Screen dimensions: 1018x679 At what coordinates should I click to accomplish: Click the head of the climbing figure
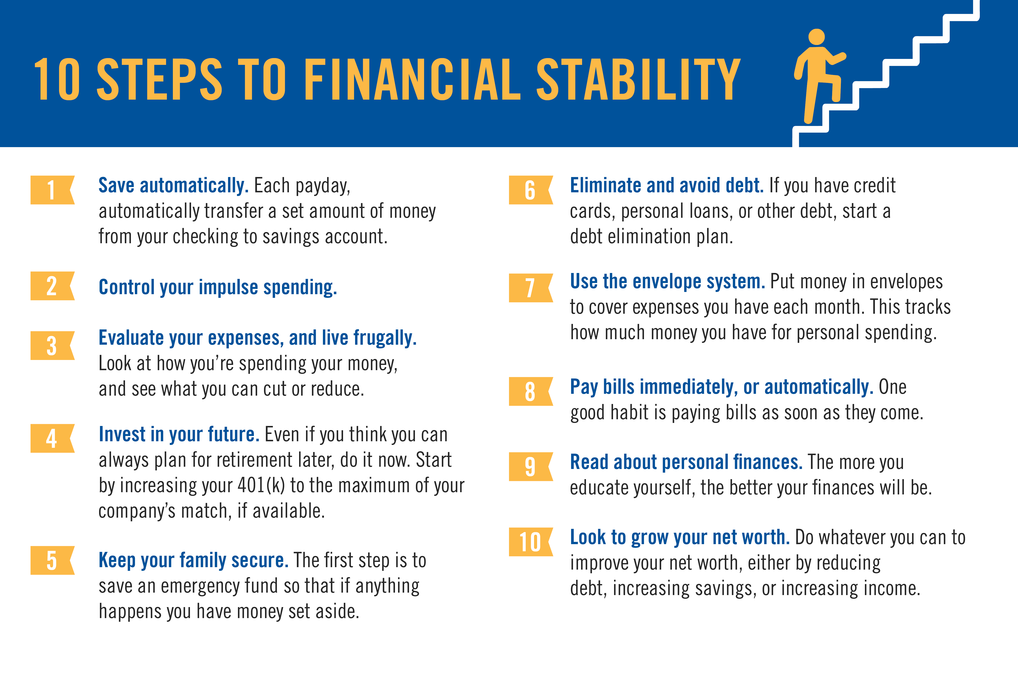(x=816, y=37)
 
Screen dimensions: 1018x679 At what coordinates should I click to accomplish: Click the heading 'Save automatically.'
(x=173, y=186)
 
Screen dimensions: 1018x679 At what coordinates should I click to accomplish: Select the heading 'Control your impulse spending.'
(x=218, y=287)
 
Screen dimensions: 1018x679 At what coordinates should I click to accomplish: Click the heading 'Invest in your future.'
(x=179, y=434)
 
